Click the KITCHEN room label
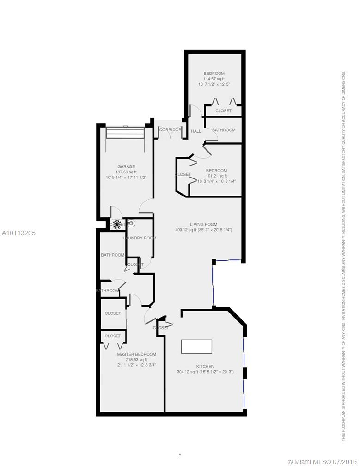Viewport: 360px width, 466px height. pos(205,366)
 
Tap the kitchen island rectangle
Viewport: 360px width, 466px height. pos(196,346)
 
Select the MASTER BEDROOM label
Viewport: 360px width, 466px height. pos(136,354)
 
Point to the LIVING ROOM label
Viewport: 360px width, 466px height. pos(203,224)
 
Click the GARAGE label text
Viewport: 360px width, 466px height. pos(126,166)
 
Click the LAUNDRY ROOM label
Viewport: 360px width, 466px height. pos(140,238)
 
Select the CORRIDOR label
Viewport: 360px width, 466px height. pos(170,130)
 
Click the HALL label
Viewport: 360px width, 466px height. pos(196,131)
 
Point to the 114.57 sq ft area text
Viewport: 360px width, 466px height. pos(214,79)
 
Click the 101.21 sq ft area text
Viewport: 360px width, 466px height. pos(216,176)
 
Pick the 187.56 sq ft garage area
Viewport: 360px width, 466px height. pos(126,172)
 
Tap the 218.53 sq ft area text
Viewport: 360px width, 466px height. pos(136,360)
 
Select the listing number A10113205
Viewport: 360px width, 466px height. pos(18,233)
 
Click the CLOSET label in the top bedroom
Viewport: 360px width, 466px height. pos(224,111)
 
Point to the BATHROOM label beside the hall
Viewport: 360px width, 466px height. pos(224,130)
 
